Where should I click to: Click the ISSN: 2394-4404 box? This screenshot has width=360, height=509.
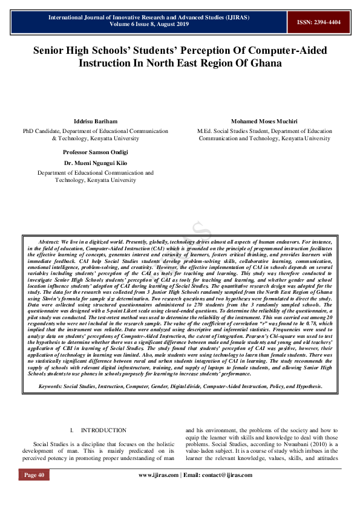point(318,22)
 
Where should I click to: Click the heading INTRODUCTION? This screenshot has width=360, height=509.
point(103,430)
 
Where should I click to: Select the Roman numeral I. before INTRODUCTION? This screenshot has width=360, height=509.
point(72,430)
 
